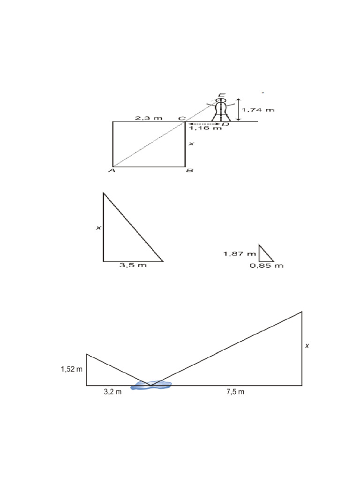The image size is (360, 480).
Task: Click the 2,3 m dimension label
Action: (149, 118)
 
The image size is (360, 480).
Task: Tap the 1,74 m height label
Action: (258, 110)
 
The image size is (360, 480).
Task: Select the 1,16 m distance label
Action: (205, 128)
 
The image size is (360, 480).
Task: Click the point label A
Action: (112, 171)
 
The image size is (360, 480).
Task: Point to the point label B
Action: (190, 170)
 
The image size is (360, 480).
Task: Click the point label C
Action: (182, 119)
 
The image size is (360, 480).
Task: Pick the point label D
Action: (225, 124)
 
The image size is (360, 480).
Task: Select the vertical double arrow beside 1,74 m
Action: (239, 110)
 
